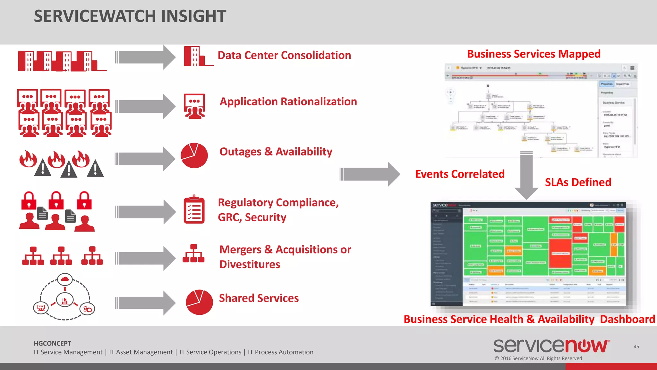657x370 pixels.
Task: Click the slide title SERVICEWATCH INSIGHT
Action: (130, 16)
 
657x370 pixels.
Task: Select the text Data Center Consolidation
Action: (284, 55)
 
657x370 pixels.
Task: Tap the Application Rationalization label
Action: (288, 101)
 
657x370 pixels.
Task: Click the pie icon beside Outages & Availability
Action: (194, 155)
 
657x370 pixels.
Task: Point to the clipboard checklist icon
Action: (194, 209)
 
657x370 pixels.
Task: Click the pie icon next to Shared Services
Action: (199, 302)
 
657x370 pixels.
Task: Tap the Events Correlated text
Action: (460, 174)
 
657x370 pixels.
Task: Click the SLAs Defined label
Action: (578, 182)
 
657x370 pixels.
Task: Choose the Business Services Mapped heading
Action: (533, 54)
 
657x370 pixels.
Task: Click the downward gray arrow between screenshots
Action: (526, 175)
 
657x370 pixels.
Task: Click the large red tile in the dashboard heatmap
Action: (560, 253)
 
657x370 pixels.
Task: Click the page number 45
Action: (636, 347)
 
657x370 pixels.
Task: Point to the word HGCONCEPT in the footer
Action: (52, 343)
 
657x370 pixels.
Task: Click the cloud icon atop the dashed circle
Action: (65, 279)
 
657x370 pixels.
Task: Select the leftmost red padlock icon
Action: (29, 201)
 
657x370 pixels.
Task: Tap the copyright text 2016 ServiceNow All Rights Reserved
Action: (538, 358)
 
